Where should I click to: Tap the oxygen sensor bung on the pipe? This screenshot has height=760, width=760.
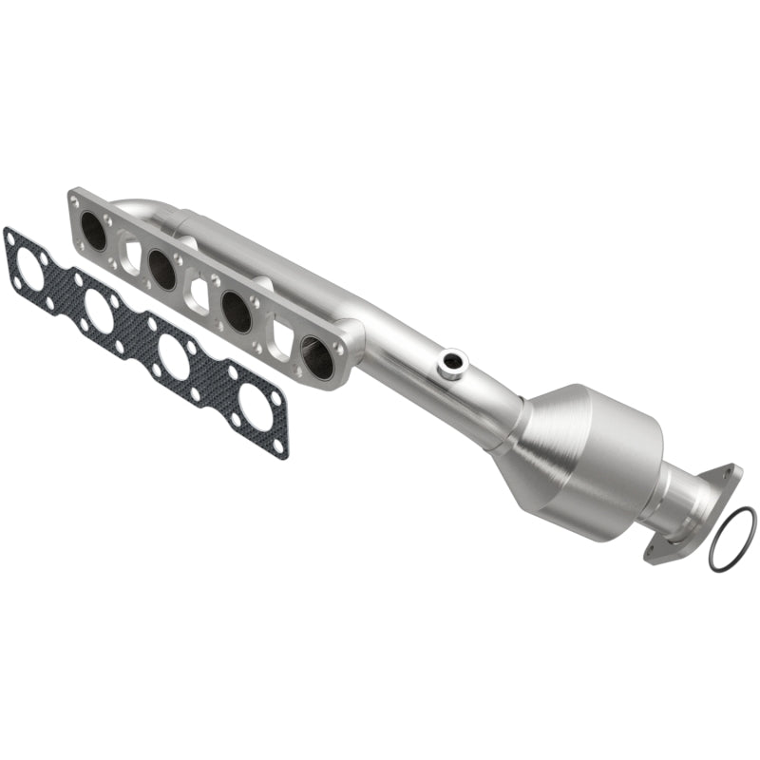tap(451, 362)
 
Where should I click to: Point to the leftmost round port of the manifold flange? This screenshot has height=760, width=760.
tap(94, 230)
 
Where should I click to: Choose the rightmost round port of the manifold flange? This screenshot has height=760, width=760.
tap(317, 357)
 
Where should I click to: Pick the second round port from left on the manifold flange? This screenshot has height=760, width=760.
tap(162, 270)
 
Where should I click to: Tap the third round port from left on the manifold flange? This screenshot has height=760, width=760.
tap(237, 311)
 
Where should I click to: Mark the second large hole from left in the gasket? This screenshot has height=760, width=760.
tap(99, 311)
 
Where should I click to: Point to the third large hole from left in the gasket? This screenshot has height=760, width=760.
tap(175, 357)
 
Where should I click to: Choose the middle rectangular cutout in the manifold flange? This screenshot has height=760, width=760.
tap(199, 294)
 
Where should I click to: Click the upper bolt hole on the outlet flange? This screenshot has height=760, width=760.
tap(729, 473)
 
